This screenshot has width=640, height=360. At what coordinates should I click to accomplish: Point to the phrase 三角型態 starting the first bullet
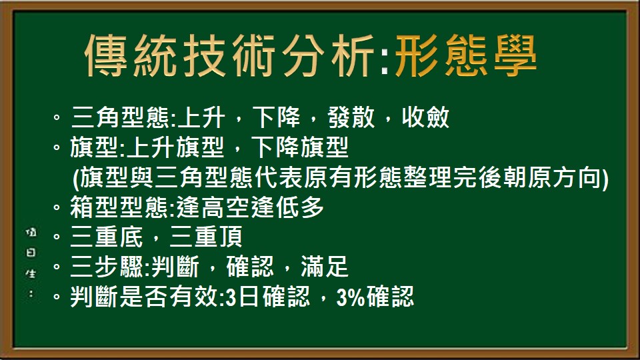120,119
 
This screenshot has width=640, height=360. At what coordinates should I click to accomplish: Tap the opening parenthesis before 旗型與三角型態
75,178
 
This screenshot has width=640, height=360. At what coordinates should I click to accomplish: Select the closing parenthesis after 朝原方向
605,178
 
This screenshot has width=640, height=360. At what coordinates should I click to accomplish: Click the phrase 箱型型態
120,208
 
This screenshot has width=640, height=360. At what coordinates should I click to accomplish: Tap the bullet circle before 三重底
57,237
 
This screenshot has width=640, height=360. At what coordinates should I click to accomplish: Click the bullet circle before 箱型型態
57,208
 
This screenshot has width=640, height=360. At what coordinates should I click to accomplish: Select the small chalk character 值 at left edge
31,233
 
